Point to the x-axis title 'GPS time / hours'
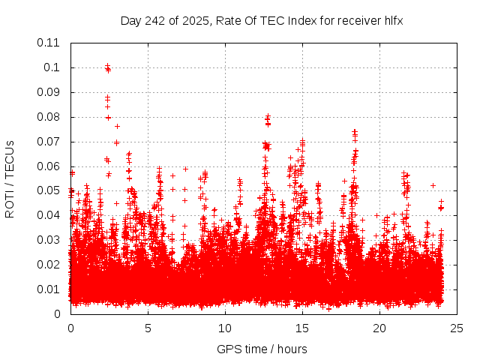262,349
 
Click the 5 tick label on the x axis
148,328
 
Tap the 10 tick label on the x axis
225,328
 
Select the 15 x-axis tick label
302,328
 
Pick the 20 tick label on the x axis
379,328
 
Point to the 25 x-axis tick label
457,328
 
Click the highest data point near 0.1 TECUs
107,66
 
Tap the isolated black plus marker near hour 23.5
433,185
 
